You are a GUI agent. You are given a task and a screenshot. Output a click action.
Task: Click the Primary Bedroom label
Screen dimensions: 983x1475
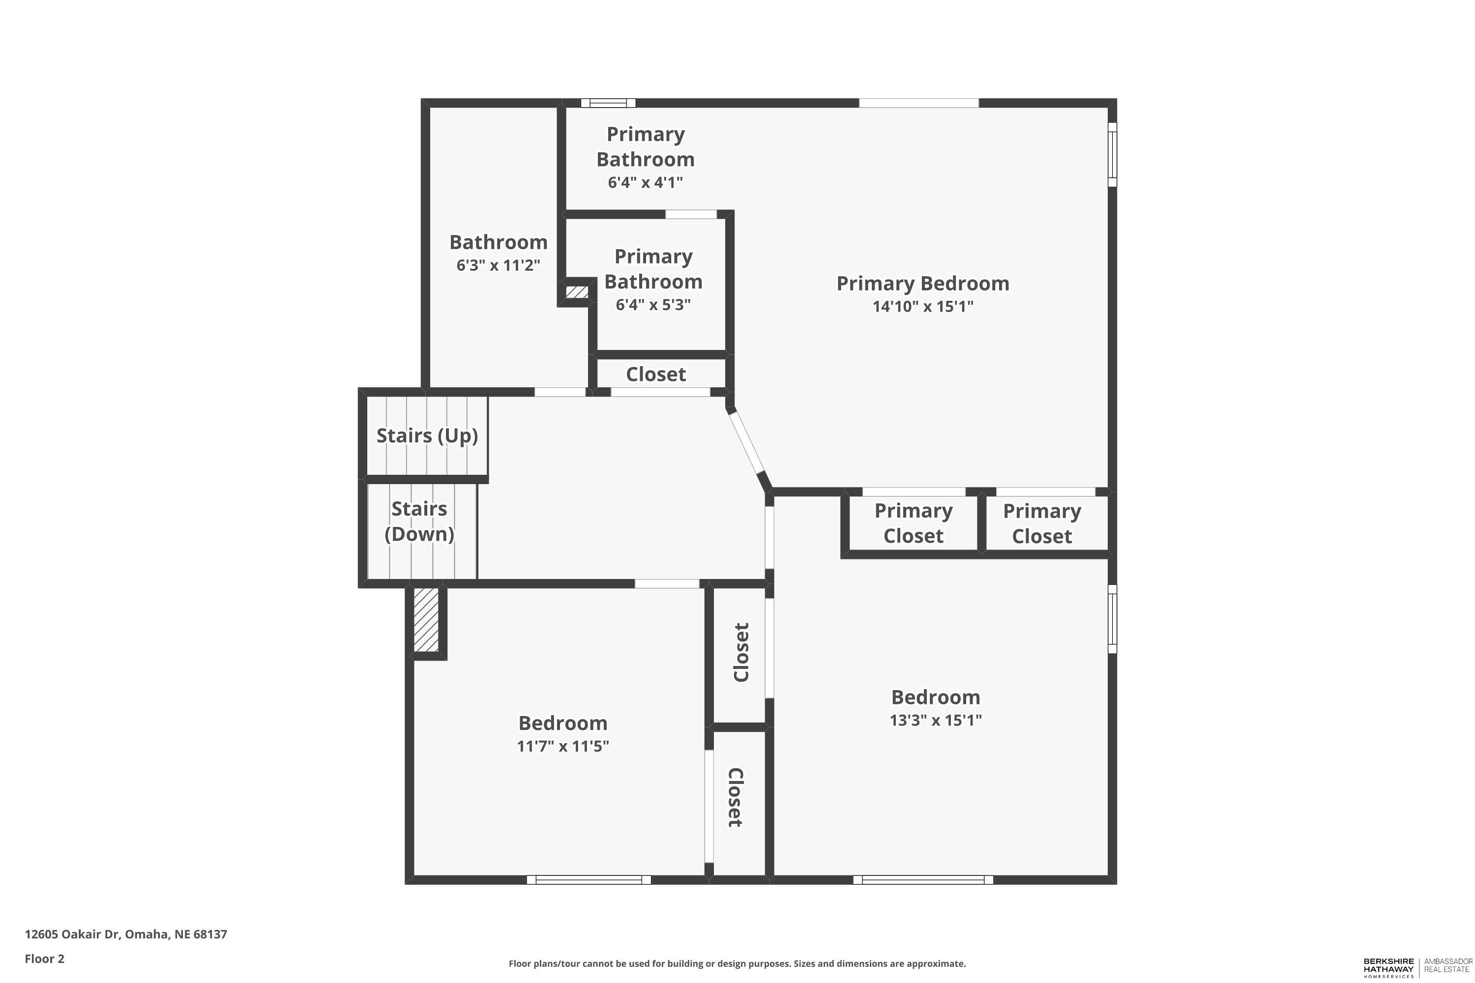click(x=922, y=284)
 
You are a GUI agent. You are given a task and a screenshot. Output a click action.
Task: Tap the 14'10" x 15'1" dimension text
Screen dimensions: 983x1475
click(x=922, y=307)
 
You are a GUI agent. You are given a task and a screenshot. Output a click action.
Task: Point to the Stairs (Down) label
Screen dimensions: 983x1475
click(x=419, y=521)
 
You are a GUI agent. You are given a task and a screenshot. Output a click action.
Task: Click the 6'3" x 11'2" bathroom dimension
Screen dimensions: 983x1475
click(x=498, y=265)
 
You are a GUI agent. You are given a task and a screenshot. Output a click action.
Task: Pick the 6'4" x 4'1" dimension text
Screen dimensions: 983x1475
click(x=645, y=182)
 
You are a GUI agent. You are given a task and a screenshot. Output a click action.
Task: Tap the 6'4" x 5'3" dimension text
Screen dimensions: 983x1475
click(x=653, y=305)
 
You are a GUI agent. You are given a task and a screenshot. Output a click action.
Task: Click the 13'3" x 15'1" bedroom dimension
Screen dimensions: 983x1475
click(x=935, y=720)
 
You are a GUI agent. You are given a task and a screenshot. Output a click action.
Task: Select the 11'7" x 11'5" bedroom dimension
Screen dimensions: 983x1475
click(x=562, y=746)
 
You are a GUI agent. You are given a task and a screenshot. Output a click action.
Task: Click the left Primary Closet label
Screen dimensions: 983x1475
click(x=913, y=523)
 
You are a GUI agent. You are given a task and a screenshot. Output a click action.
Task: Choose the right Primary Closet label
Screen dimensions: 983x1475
click(x=1042, y=523)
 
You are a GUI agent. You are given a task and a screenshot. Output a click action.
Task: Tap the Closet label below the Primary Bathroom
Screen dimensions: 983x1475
click(x=655, y=374)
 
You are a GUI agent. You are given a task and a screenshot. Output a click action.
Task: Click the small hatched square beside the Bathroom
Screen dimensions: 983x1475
click(x=577, y=292)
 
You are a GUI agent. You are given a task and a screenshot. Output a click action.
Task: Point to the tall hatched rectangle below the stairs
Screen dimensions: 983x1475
click(x=426, y=619)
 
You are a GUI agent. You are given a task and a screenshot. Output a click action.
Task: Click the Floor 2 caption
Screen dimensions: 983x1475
click(x=45, y=958)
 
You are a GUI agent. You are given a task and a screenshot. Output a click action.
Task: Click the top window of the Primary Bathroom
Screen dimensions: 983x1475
click(x=608, y=103)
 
